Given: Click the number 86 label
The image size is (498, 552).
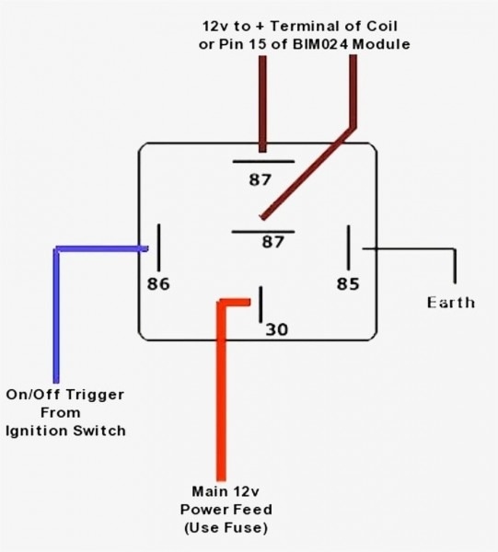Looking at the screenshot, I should tap(159, 283).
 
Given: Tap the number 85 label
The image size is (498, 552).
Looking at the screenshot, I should tap(347, 283).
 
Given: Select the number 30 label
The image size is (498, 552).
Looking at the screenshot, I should tap(276, 328).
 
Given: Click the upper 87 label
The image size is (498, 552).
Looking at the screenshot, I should tap(261, 179).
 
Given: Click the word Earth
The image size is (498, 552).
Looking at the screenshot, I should tap(451, 302).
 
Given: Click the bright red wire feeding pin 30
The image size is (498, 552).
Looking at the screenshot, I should tap(221, 386).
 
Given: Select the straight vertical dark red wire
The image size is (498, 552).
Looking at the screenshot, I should tap(263, 101).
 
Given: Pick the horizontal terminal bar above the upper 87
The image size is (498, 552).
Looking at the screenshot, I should tap(262, 160).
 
